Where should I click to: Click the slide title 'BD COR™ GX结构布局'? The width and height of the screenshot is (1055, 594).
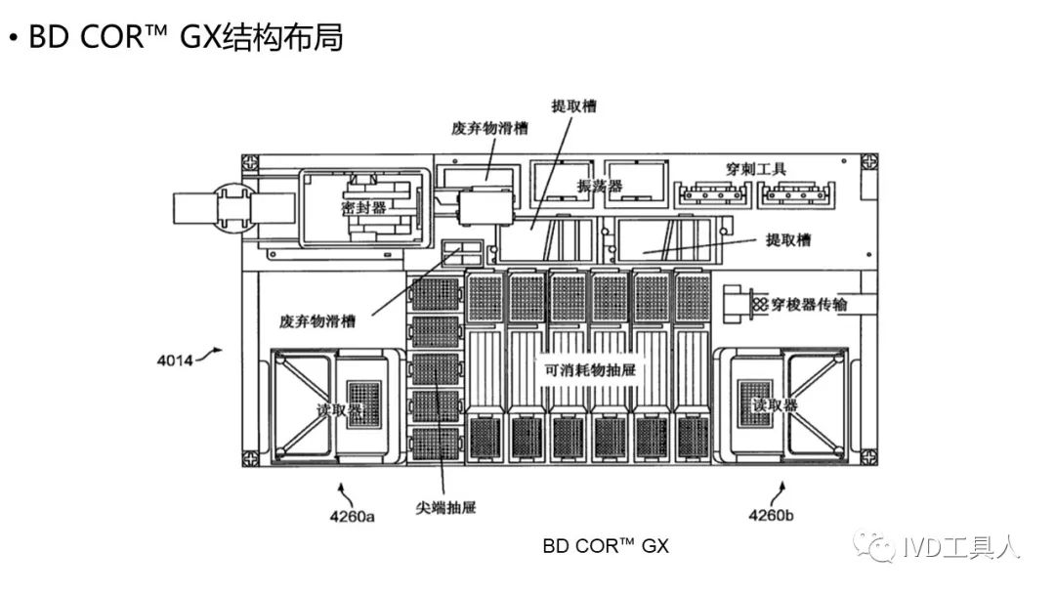coord(186,39)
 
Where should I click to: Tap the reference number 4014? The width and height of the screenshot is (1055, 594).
coord(176,361)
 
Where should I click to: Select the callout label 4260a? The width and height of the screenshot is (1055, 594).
coord(351,515)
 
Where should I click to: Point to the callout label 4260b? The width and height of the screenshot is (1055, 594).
coord(773,515)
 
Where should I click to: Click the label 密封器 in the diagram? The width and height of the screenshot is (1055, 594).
coord(363,208)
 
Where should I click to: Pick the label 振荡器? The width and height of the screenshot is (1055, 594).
coord(600,186)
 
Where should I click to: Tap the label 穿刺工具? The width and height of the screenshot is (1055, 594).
coord(758,169)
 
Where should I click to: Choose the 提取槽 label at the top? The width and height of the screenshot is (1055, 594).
coord(573,106)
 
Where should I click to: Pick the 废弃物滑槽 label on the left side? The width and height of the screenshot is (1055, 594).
coord(317,320)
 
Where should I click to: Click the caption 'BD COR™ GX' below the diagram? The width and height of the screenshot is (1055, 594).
coord(606,546)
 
